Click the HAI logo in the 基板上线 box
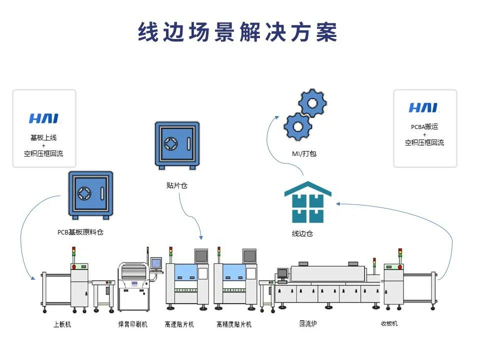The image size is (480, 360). (x=44, y=118)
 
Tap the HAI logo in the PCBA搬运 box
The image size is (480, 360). (x=424, y=107)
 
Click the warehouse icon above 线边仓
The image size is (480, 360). (x=308, y=202)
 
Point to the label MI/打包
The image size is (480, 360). (x=304, y=153)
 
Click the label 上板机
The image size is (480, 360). (x=62, y=324)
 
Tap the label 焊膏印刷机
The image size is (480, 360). (x=132, y=324)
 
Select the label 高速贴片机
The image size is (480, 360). (x=179, y=324)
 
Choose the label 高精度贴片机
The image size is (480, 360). (x=234, y=324)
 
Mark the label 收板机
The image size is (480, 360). (x=389, y=324)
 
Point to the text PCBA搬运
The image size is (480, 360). (x=424, y=127)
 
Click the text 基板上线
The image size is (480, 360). (x=44, y=137)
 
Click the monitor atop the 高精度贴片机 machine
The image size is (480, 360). (x=249, y=255)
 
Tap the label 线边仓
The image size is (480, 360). (x=302, y=233)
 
